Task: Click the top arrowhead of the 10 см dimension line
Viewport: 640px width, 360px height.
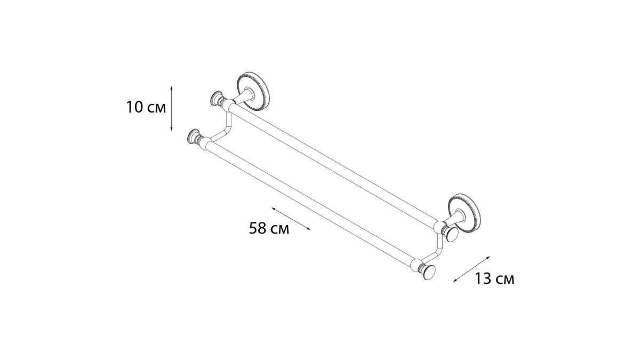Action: (171, 86)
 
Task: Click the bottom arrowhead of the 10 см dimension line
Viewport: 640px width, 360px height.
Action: (171, 131)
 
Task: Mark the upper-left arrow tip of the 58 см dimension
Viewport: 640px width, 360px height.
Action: (272, 208)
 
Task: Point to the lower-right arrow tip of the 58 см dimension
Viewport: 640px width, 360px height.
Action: (310, 229)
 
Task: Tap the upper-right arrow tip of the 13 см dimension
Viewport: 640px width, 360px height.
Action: (490, 257)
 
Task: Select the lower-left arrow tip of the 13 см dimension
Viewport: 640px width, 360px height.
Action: (453, 282)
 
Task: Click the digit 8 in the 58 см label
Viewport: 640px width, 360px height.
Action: (262, 228)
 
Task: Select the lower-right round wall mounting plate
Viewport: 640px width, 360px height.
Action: (465, 213)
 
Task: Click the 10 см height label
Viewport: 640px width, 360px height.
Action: (146, 107)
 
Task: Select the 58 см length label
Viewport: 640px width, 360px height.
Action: (269, 228)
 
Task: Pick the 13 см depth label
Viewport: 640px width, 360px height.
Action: (494, 278)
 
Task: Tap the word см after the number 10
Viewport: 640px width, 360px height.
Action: (157, 109)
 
